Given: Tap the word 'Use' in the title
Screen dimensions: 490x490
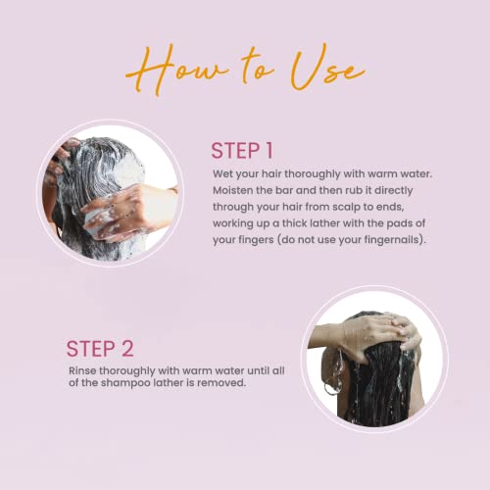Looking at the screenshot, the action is [326, 69].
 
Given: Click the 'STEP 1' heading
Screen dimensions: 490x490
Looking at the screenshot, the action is [242, 151].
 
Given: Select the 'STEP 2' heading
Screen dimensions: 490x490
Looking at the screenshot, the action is [100, 349].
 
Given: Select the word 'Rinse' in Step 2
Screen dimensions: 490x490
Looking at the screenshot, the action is [82, 370].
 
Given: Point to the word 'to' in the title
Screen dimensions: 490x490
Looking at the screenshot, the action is [257, 67].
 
